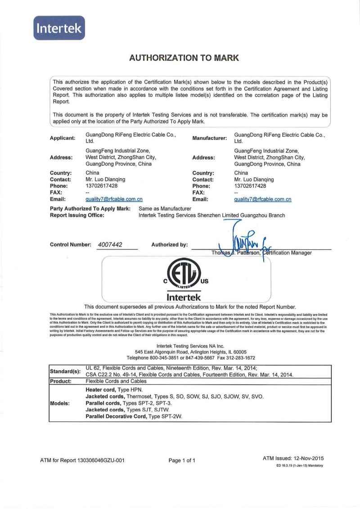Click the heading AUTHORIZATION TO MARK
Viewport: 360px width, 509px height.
[x=184, y=58]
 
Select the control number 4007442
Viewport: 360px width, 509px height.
[x=111, y=245]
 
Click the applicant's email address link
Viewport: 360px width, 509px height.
[x=114, y=199]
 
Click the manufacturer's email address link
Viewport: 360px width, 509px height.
[x=263, y=199]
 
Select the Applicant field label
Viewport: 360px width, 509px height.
[x=63, y=138]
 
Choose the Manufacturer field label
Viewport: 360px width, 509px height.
[x=210, y=138]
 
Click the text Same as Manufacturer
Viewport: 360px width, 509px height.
[x=165, y=208]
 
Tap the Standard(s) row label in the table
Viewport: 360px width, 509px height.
[x=65, y=371]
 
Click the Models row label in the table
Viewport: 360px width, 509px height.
[x=60, y=403]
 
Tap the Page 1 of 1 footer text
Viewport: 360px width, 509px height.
[x=182, y=460]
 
